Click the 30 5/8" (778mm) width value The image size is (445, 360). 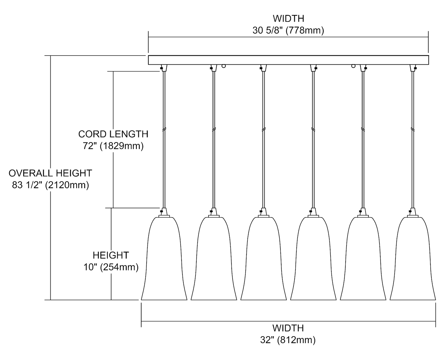click(x=288, y=31)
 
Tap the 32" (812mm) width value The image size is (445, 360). click(x=288, y=340)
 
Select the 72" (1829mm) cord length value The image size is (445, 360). click(x=113, y=146)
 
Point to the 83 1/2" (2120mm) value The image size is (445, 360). click(x=50, y=185)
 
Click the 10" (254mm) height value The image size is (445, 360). click(x=111, y=267)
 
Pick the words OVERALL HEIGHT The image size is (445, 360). click(x=50, y=173)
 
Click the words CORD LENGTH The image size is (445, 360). click(x=113, y=134)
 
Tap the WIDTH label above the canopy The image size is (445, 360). click(x=288, y=18)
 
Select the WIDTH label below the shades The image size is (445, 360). click(x=288, y=328)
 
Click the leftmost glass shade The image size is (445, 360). click(x=164, y=261)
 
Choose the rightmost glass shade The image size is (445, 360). click(x=413, y=261)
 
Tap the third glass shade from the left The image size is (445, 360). click(x=263, y=261)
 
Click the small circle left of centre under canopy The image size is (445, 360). click(x=224, y=66)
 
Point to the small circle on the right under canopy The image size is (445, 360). click(x=353, y=66)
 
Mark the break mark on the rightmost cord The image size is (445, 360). click(x=413, y=129)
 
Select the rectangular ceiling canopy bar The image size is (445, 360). click(x=288, y=60)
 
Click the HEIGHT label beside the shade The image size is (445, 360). click(x=111, y=255)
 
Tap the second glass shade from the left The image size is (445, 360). click(x=214, y=261)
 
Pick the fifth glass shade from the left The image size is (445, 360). click(x=363, y=261)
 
